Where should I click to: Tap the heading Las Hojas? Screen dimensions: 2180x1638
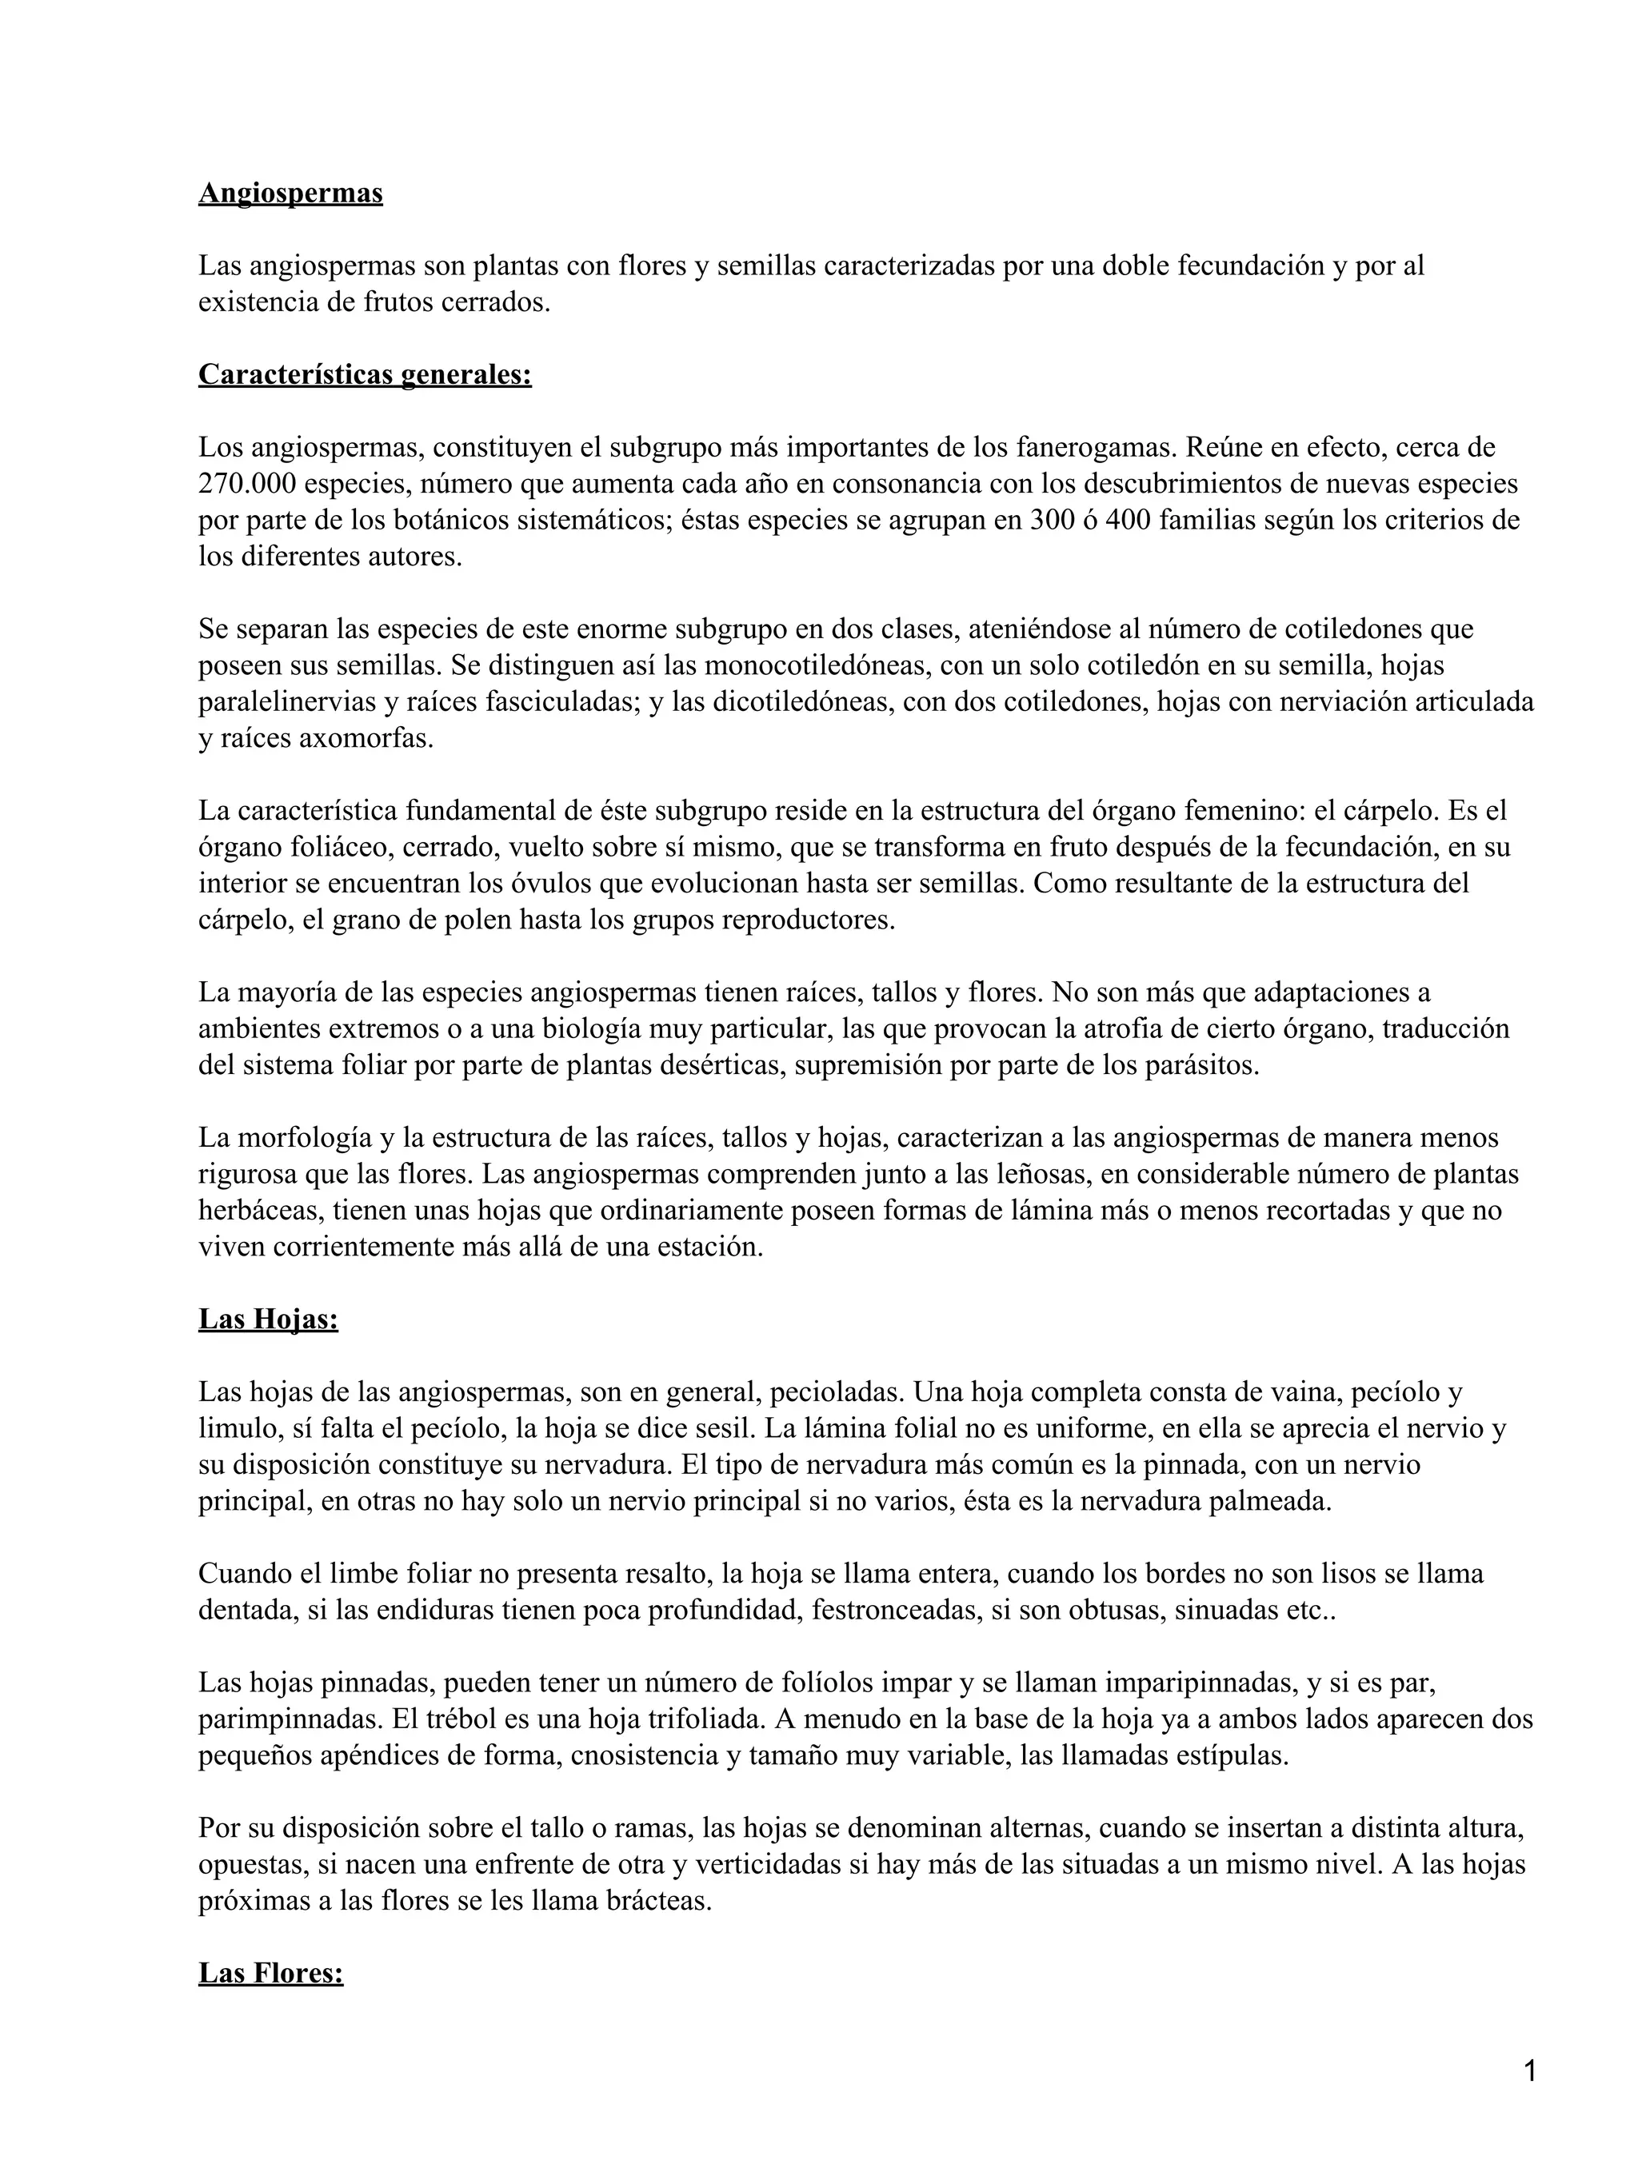pos(268,1319)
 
